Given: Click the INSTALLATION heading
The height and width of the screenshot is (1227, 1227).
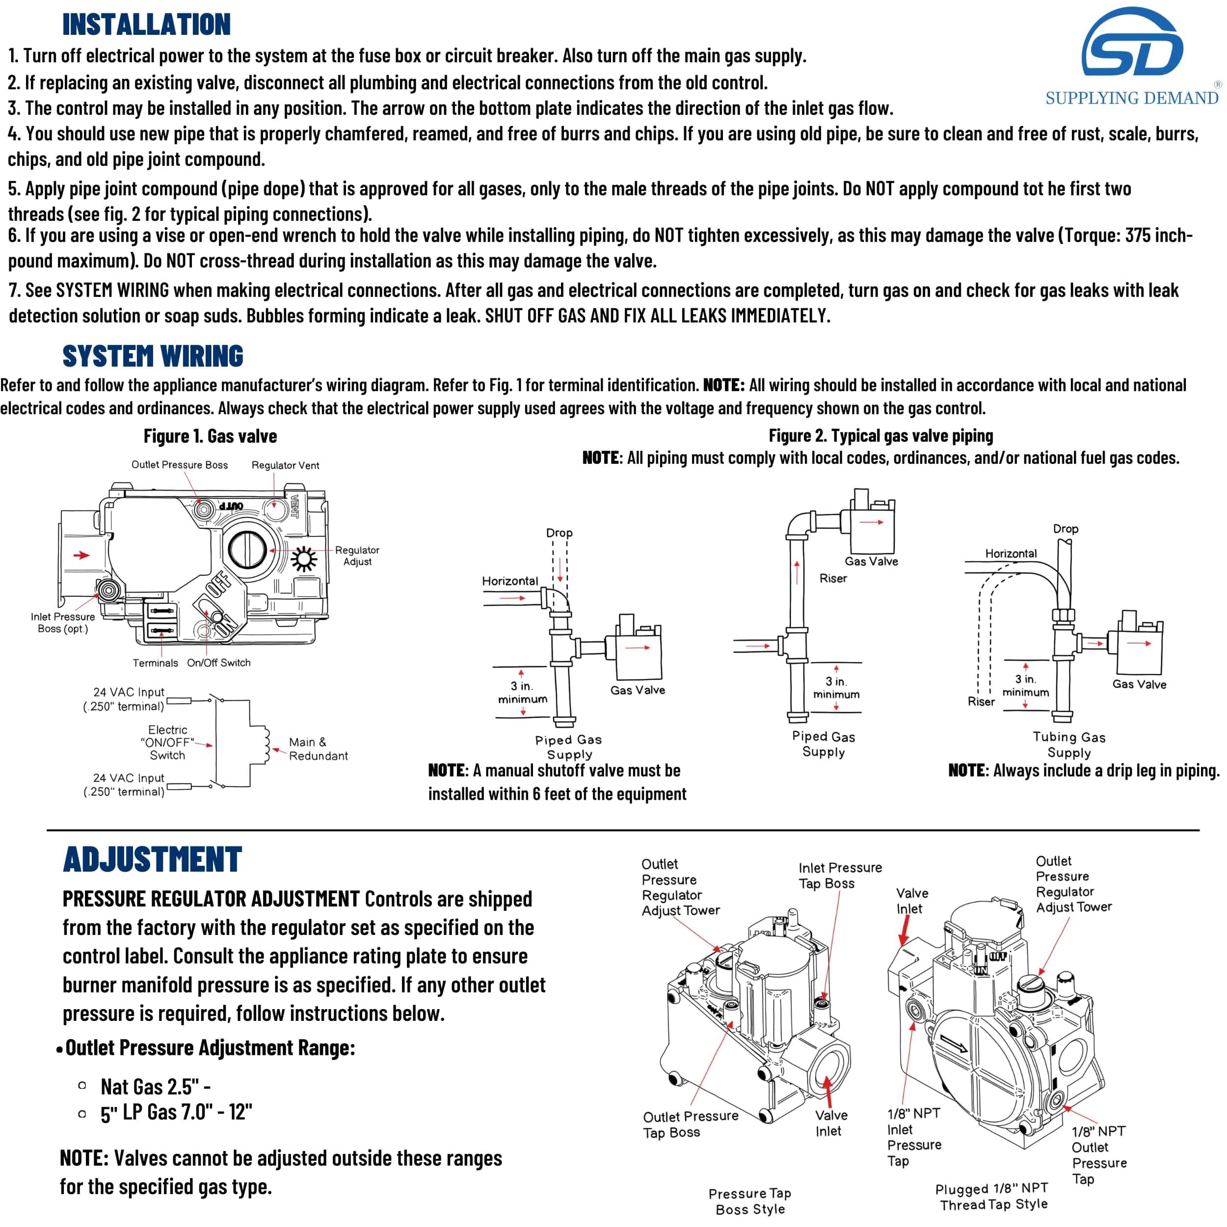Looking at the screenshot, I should click(146, 24).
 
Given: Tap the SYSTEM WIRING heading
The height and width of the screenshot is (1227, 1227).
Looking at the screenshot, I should click(153, 356).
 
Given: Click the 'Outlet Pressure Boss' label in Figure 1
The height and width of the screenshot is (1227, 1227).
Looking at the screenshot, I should click(179, 465).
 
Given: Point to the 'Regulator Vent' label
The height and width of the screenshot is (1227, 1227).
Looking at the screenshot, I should click(285, 465).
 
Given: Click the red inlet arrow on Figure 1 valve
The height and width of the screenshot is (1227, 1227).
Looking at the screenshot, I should click(81, 555).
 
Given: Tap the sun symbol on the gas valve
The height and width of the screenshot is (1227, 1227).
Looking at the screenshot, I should click(304, 559).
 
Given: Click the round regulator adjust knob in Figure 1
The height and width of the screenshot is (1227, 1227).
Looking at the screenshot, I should click(247, 549).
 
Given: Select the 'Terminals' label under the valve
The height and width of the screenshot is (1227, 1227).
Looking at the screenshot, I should click(155, 663).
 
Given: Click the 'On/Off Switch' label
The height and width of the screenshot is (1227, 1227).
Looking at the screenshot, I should click(218, 663).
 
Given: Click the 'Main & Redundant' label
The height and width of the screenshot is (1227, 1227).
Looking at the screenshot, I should click(318, 749).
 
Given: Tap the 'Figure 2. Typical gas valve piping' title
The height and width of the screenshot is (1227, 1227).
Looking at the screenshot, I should click(880, 436).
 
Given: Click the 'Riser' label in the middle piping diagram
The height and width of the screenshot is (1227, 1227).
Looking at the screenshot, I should click(832, 579).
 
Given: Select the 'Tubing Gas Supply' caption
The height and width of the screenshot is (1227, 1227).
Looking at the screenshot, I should click(1069, 745).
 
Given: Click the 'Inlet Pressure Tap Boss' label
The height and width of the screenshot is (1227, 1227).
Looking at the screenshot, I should click(840, 875).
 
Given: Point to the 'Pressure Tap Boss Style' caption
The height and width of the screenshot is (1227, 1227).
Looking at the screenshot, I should click(750, 1201).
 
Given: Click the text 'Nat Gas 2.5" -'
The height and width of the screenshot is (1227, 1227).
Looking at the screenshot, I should click(156, 1087).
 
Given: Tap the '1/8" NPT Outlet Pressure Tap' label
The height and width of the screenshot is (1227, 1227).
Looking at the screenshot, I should click(1099, 1155).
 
